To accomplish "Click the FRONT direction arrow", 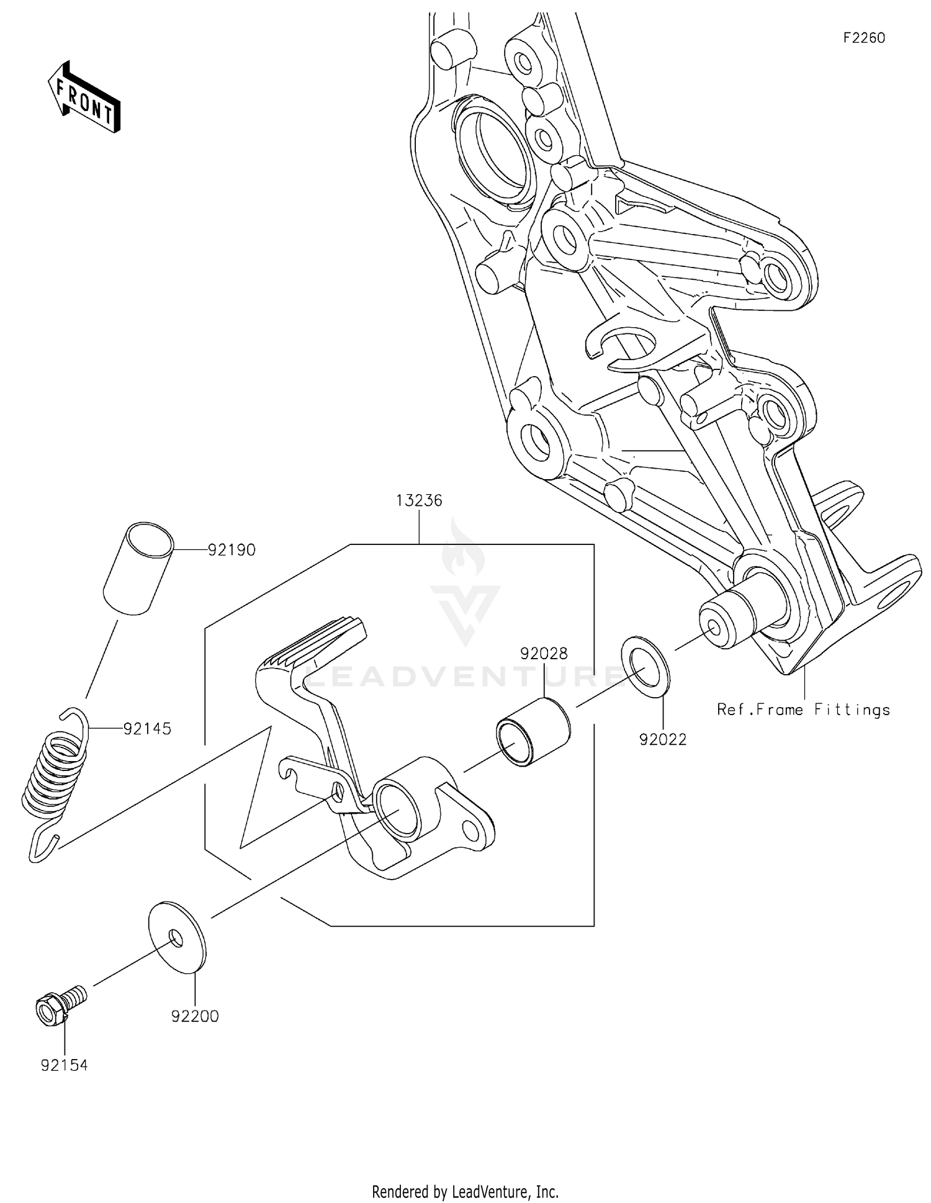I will click(x=84, y=97).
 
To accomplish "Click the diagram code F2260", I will click(x=863, y=38).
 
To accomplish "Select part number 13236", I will click(x=419, y=500).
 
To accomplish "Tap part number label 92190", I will click(x=232, y=550).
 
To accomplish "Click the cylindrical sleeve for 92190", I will click(x=138, y=569).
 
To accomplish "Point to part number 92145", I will click(x=147, y=729).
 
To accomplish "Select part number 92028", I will click(x=544, y=654).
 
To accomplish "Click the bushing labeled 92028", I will click(x=533, y=733).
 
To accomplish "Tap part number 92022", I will click(x=663, y=739).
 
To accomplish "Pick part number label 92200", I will click(x=195, y=1016).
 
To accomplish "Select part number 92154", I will click(x=65, y=1065).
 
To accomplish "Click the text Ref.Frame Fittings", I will click(x=803, y=710).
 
